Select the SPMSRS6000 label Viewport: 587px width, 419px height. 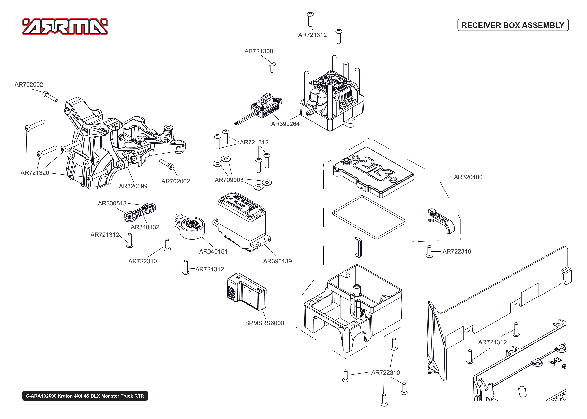coord(264,323)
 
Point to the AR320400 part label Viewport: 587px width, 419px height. coord(468,177)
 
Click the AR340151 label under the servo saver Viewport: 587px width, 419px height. coord(213,251)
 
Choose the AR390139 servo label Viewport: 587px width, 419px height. coord(277,261)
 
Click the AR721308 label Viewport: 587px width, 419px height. coord(258,51)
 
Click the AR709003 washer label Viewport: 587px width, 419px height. coord(229,180)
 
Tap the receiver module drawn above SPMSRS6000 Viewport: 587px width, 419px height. coord(246,291)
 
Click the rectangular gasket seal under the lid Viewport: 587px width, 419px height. coord(369,217)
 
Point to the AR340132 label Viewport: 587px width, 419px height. coord(145,227)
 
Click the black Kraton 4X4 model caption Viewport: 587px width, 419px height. coord(85,396)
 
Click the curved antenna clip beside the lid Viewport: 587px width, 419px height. coord(441,220)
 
